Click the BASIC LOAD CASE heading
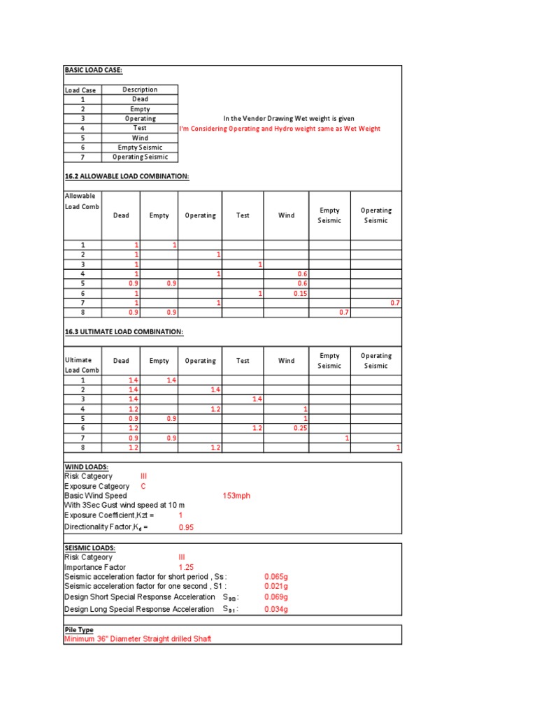tap(94, 71)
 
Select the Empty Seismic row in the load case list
tap(140, 148)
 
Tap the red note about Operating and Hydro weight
tap(280, 129)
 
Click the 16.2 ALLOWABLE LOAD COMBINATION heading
tap(127, 176)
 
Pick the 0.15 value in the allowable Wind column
tap(301, 294)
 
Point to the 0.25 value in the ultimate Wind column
tap(301, 428)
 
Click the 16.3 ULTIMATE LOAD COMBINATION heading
tap(124, 331)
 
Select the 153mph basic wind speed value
tap(236, 496)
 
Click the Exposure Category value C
tap(143, 486)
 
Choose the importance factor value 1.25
tap(187, 567)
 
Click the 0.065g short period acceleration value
tap(276, 577)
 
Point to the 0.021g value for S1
tap(276, 587)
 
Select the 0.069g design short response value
tap(276, 598)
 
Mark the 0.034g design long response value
tap(276, 609)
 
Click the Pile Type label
tap(79, 630)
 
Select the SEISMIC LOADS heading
tap(89, 547)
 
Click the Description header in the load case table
tap(140, 89)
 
